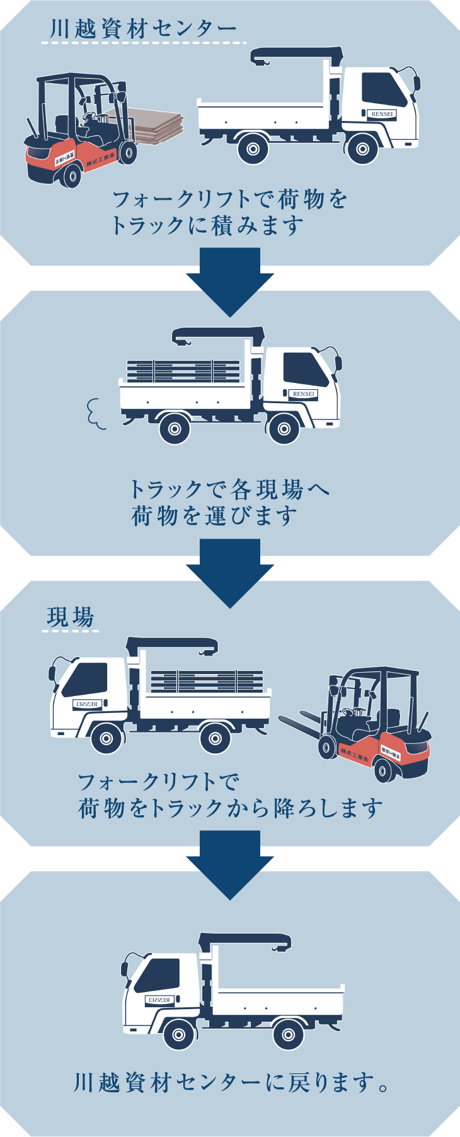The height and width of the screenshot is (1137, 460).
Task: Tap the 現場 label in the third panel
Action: click(70, 617)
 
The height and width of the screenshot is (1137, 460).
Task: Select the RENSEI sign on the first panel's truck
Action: click(382, 114)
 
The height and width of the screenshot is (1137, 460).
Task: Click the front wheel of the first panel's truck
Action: click(362, 149)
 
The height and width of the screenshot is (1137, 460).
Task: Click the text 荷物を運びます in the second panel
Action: click(214, 515)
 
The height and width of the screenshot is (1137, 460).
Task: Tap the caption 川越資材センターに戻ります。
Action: click(231, 1083)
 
